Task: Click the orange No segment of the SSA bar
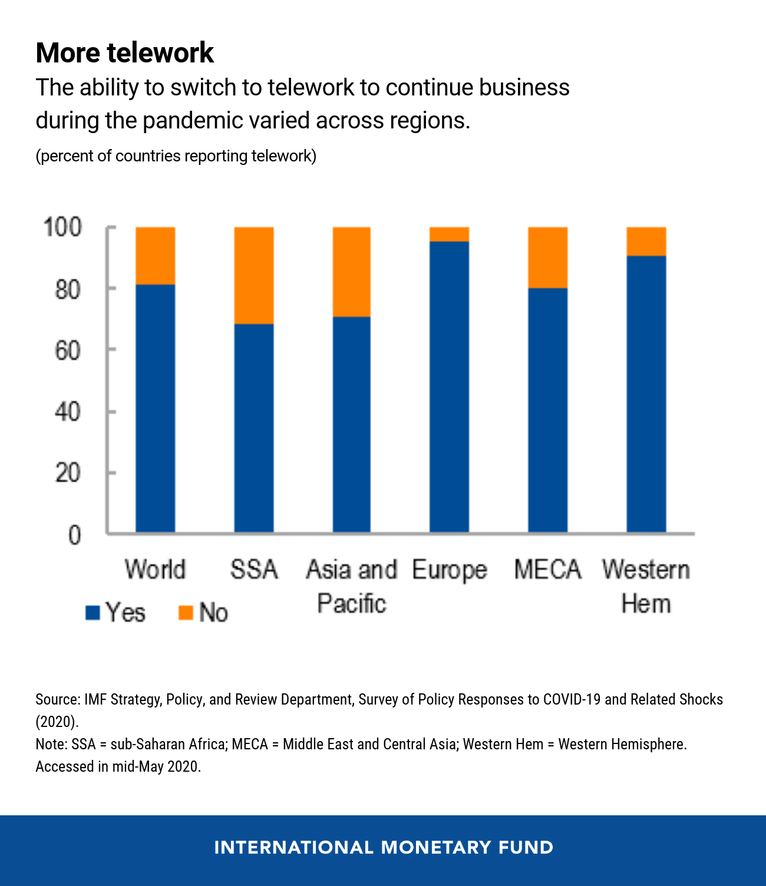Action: pyautogui.click(x=254, y=275)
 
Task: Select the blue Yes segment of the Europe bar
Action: pyautogui.click(x=449, y=386)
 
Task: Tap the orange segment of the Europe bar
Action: pyautogui.click(x=449, y=234)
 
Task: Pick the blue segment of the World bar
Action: pyautogui.click(x=156, y=408)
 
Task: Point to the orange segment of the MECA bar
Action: pyautogui.click(x=548, y=257)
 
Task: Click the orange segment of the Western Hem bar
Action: pyautogui.click(x=646, y=241)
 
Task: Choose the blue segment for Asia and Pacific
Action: pyautogui.click(x=352, y=424)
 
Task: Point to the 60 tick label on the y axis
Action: pyautogui.click(x=67, y=351)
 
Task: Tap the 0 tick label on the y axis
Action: pyautogui.click(x=74, y=535)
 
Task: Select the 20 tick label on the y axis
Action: pyautogui.click(x=67, y=473)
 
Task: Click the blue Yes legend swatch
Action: pyautogui.click(x=93, y=613)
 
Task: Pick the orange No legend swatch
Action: pyautogui.click(x=186, y=613)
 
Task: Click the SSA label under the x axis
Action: pyautogui.click(x=254, y=570)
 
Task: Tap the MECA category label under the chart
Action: pyautogui.click(x=547, y=570)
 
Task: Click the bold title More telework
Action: pyautogui.click(x=124, y=53)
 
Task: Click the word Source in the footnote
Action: pyautogui.click(x=57, y=699)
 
